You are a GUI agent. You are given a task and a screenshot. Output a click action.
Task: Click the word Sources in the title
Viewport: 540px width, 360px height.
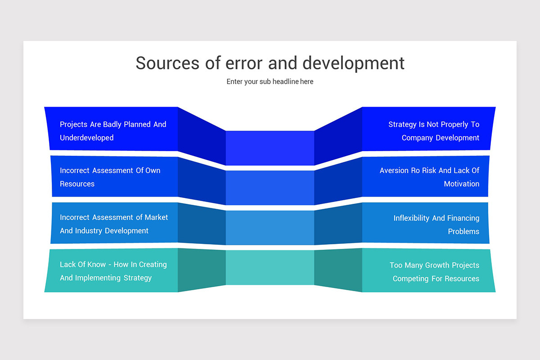pyautogui.click(x=167, y=63)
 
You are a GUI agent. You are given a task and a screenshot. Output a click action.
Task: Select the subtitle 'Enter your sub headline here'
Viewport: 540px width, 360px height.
pyautogui.click(x=270, y=82)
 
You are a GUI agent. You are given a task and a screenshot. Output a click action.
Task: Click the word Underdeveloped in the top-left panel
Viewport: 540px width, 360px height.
pyautogui.click(x=87, y=138)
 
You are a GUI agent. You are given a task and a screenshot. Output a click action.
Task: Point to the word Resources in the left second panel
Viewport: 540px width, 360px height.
pyautogui.click(x=77, y=184)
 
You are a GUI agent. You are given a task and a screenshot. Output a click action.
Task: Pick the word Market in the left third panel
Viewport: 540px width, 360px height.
pyautogui.click(x=156, y=217)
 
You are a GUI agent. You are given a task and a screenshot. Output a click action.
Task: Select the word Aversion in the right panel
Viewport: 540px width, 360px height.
pyautogui.click(x=394, y=171)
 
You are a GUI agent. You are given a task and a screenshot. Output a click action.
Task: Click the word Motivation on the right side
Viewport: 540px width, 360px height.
pyautogui.click(x=461, y=184)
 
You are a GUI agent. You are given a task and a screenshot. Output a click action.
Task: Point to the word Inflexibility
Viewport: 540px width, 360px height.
pyautogui.click(x=412, y=218)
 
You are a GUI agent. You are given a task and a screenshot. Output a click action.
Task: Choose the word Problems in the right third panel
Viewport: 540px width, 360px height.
pyautogui.click(x=463, y=231)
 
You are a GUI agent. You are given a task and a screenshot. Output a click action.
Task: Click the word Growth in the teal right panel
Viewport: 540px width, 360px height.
pyautogui.click(x=437, y=265)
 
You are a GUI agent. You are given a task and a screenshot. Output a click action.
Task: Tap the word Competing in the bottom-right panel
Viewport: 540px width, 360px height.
pyautogui.click(x=410, y=279)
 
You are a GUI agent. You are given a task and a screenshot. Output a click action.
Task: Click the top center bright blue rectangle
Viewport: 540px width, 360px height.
pyautogui.click(x=270, y=148)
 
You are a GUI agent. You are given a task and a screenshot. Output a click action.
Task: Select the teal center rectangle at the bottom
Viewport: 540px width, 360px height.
pyautogui.click(x=270, y=268)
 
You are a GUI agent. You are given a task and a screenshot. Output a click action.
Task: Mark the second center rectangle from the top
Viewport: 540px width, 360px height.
pyautogui.click(x=270, y=188)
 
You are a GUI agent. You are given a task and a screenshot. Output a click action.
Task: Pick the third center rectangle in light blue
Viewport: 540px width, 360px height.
pyautogui.click(x=270, y=228)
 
